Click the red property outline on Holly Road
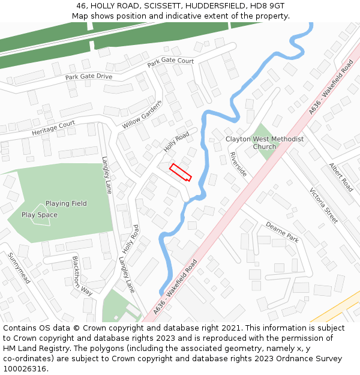point(180,172)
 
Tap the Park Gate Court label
point(171,61)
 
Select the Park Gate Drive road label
point(89,77)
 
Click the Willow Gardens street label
point(142,114)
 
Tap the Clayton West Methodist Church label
point(265,143)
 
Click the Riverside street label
point(238,164)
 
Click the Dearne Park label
point(282,232)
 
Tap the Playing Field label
point(66,203)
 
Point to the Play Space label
point(40,215)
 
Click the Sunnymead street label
point(19,268)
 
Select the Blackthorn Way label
point(82,276)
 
